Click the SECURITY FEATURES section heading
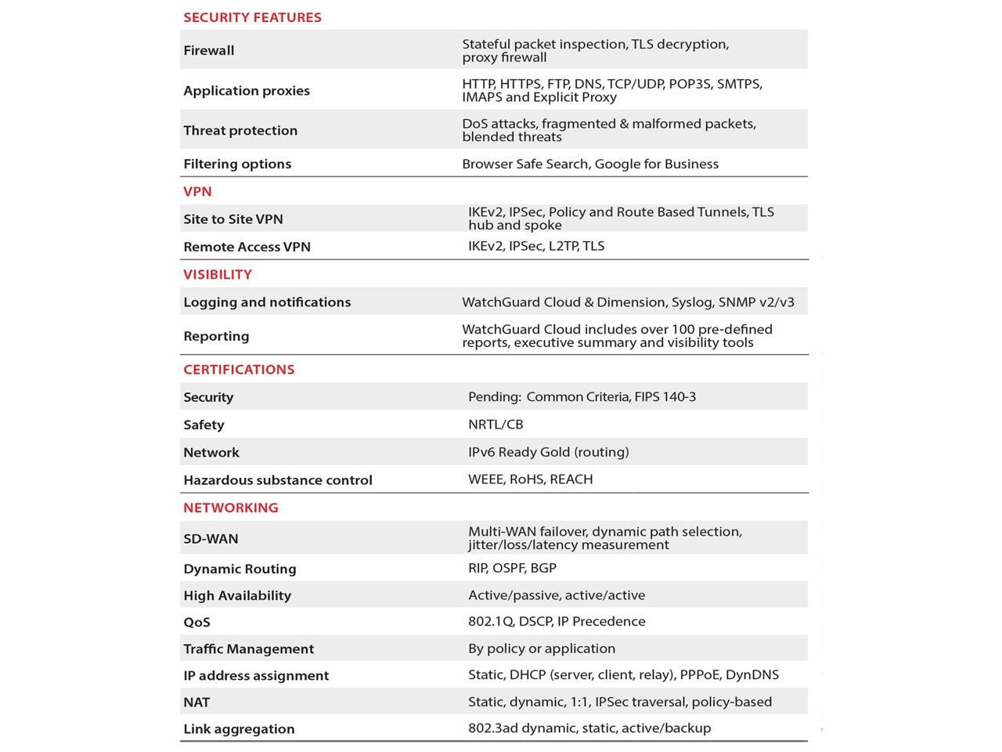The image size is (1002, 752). click(x=252, y=17)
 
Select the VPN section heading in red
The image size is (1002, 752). click(x=197, y=191)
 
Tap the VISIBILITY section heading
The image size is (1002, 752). click(x=218, y=274)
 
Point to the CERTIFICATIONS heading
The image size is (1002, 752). click(x=239, y=369)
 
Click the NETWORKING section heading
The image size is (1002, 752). click(x=231, y=508)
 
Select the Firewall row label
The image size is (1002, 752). click(x=209, y=50)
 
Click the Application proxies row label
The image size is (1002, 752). click(x=247, y=90)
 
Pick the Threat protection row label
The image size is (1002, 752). click(x=240, y=130)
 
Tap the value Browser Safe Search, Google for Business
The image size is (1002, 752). click(x=590, y=164)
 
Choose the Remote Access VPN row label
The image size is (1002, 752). click(x=247, y=247)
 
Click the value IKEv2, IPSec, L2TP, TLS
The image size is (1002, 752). click(x=536, y=246)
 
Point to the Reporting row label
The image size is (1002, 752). click(x=216, y=336)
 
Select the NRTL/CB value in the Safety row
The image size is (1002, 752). click(x=496, y=425)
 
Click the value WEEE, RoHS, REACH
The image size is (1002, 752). click(x=530, y=479)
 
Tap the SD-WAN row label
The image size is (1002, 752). click(x=211, y=539)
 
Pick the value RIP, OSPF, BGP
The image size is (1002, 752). click(x=512, y=568)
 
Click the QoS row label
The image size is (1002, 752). click(x=196, y=622)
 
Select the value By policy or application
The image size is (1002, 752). click(x=542, y=649)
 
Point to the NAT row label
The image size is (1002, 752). click(x=196, y=703)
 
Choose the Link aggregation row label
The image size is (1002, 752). click(x=239, y=729)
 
